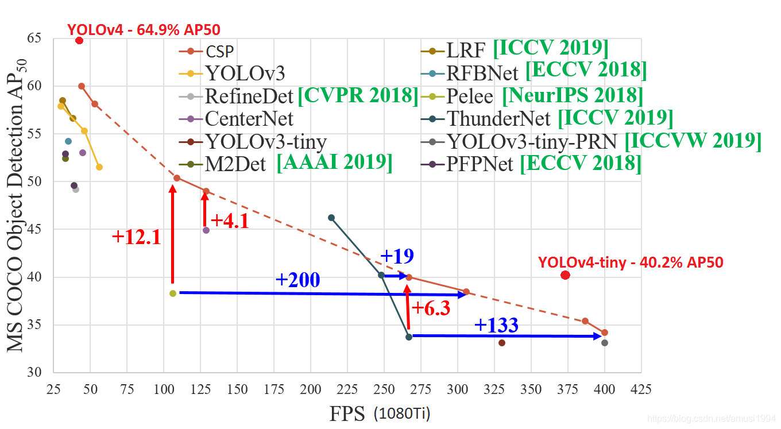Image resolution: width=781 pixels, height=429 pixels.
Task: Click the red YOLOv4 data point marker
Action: coord(79,40)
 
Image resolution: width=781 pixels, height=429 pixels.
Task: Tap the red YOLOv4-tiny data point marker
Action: coord(565,275)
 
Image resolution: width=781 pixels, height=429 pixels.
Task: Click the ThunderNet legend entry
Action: coord(498,119)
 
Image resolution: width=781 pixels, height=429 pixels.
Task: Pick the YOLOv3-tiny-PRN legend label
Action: coord(532,141)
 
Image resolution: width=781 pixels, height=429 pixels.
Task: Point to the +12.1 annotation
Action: coord(136,237)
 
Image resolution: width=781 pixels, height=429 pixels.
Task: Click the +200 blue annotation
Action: coord(297,280)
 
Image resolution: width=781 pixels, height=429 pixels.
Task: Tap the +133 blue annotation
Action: coord(496,326)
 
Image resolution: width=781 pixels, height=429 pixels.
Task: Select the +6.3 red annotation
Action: coord(430,308)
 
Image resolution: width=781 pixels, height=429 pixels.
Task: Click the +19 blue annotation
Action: coord(397,256)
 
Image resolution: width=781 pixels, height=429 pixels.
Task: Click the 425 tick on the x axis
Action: coord(641,389)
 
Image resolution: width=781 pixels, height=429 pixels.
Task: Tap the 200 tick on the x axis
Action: coord(311,389)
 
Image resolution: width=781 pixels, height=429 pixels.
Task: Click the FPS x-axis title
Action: coord(347,413)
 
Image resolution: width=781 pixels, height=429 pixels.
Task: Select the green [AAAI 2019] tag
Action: coord(335,163)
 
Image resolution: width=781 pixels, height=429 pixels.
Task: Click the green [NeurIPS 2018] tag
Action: coord(573,95)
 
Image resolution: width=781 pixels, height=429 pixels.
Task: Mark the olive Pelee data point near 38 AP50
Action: coord(173,293)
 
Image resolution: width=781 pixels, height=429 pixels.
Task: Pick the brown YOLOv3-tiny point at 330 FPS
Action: coord(502,343)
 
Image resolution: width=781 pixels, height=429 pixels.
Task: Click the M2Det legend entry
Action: coord(235,164)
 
